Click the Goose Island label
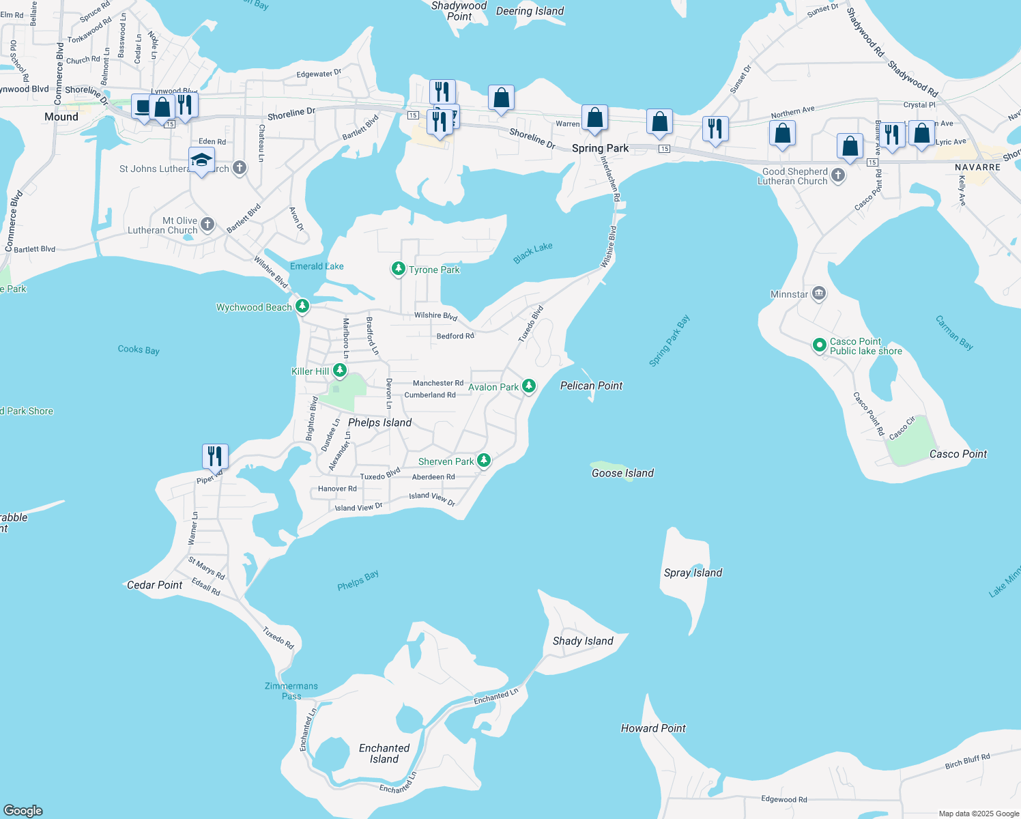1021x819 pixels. (x=622, y=473)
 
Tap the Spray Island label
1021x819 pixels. (x=693, y=573)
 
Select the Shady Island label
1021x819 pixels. (x=583, y=641)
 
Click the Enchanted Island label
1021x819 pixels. (x=384, y=753)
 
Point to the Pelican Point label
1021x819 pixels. (x=591, y=386)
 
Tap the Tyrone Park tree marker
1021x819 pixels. (x=398, y=269)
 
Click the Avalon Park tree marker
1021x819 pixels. (x=528, y=386)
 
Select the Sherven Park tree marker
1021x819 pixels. (x=483, y=461)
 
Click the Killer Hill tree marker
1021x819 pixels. (x=339, y=371)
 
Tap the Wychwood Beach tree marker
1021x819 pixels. (x=302, y=306)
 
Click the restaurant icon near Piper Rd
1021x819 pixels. (x=215, y=455)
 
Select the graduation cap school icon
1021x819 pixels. (x=201, y=160)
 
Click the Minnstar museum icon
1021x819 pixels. (x=819, y=294)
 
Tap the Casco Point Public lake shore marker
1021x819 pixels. (x=820, y=345)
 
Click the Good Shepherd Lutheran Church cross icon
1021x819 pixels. (x=838, y=175)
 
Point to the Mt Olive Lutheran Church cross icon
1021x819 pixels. (x=207, y=224)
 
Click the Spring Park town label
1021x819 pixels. (x=601, y=148)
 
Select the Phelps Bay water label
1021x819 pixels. (x=358, y=580)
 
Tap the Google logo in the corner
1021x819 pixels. (x=23, y=810)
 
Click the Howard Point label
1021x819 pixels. (x=653, y=728)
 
